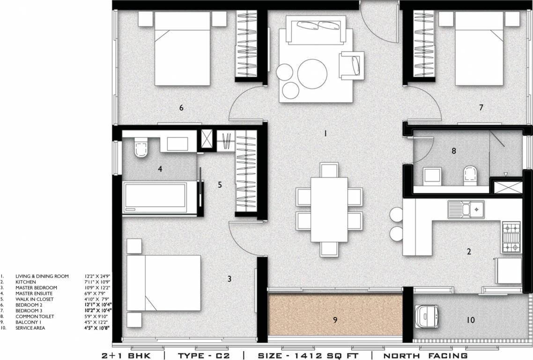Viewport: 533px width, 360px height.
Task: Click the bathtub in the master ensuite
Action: click(x=155, y=198)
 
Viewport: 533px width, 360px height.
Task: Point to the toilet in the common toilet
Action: click(x=469, y=175)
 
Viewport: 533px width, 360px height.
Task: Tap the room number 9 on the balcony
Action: click(x=335, y=321)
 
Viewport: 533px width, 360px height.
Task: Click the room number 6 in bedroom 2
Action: click(x=181, y=108)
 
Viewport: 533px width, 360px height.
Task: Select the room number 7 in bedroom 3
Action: click(x=481, y=108)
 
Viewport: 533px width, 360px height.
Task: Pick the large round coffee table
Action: click(x=312, y=73)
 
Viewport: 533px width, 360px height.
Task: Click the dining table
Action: click(x=329, y=209)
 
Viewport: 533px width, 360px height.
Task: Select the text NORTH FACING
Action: click(x=425, y=356)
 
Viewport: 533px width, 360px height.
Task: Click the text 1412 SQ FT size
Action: click(x=307, y=356)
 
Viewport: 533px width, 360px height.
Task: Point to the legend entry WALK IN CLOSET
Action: click(x=34, y=299)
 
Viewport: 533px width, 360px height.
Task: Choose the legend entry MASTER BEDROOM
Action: click(x=36, y=287)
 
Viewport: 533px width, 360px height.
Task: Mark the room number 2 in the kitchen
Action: click(x=469, y=251)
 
